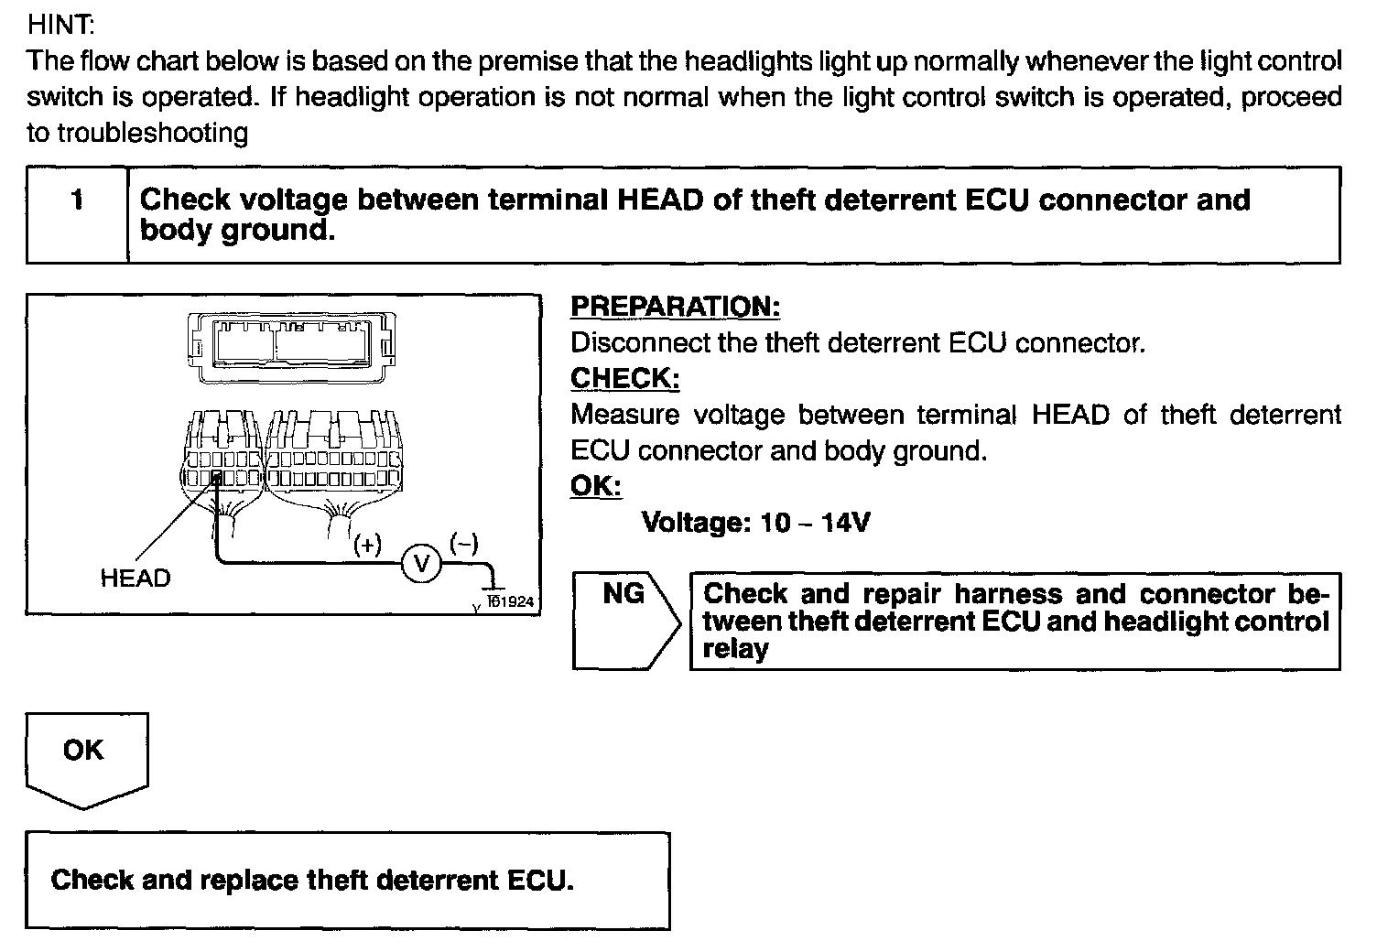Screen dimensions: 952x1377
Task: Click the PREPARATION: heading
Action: [x=675, y=307]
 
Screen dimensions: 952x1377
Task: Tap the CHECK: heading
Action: [x=624, y=378]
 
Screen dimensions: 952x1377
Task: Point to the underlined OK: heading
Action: [x=595, y=486]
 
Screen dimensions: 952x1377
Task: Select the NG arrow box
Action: [x=624, y=621]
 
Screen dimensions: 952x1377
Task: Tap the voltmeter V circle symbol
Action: [x=421, y=563]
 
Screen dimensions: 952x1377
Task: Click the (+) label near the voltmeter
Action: [x=367, y=545]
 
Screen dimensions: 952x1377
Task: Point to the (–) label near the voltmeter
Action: [x=464, y=544]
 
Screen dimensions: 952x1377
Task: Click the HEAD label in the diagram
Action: [x=136, y=579]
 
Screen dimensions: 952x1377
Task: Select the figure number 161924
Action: [x=510, y=601]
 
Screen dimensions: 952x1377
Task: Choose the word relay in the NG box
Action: [x=735, y=650]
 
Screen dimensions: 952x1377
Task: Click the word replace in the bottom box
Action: [x=249, y=881]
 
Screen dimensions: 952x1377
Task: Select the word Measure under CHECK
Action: [x=624, y=415]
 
